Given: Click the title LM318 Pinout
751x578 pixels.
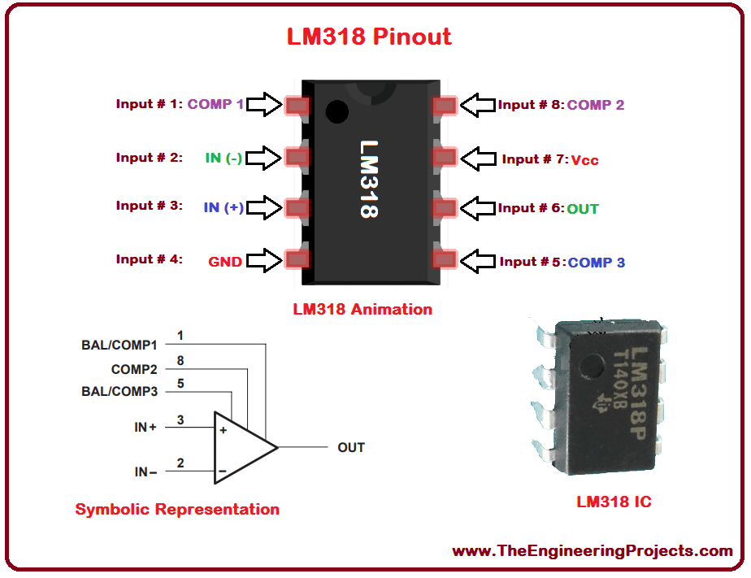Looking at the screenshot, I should point(368,37).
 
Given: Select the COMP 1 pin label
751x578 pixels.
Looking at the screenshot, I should point(215,104).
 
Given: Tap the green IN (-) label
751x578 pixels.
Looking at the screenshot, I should point(224,158).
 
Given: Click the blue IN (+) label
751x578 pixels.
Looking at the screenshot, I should point(224,207).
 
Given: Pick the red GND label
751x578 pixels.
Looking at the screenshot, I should point(225,262).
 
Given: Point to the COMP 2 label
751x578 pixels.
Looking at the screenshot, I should point(596,105).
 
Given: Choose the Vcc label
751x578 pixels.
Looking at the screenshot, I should point(584,160).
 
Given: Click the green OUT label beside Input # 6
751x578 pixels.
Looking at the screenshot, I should point(583,209).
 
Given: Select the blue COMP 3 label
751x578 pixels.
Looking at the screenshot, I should point(597,263).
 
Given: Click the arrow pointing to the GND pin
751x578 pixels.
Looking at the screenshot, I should point(264,260).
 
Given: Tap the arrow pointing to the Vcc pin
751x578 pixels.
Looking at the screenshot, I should point(478,158).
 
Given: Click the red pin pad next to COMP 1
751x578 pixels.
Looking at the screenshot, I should point(296,104).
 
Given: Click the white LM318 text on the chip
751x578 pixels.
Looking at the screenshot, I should point(370,178).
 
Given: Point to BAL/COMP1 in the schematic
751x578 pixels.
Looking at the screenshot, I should point(119,345).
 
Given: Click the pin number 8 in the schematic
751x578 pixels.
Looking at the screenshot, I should point(180,359).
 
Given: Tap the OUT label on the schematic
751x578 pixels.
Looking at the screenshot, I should point(351,447).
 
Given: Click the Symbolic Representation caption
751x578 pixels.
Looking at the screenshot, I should point(177,510).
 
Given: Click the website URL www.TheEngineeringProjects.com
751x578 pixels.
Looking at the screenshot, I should point(593,551).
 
